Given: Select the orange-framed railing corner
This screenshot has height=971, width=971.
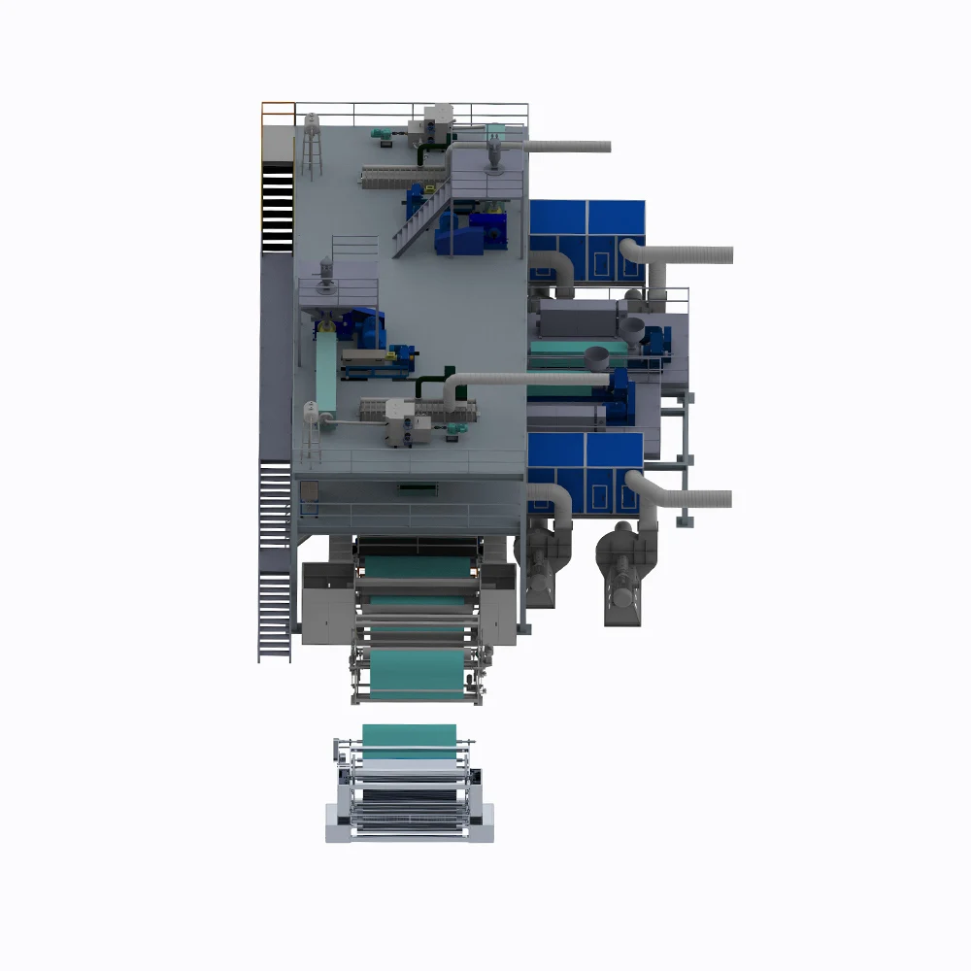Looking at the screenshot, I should tap(278, 113).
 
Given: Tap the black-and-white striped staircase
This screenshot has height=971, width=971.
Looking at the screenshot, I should tap(277, 204).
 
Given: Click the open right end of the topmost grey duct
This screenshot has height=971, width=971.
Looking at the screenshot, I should tap(607, 147).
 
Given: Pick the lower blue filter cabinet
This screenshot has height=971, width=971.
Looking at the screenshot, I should tap(585, 461).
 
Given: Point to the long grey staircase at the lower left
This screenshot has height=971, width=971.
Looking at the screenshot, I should tap(275, 563).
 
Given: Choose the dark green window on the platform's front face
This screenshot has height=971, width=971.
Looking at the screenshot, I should tap(418, 482).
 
